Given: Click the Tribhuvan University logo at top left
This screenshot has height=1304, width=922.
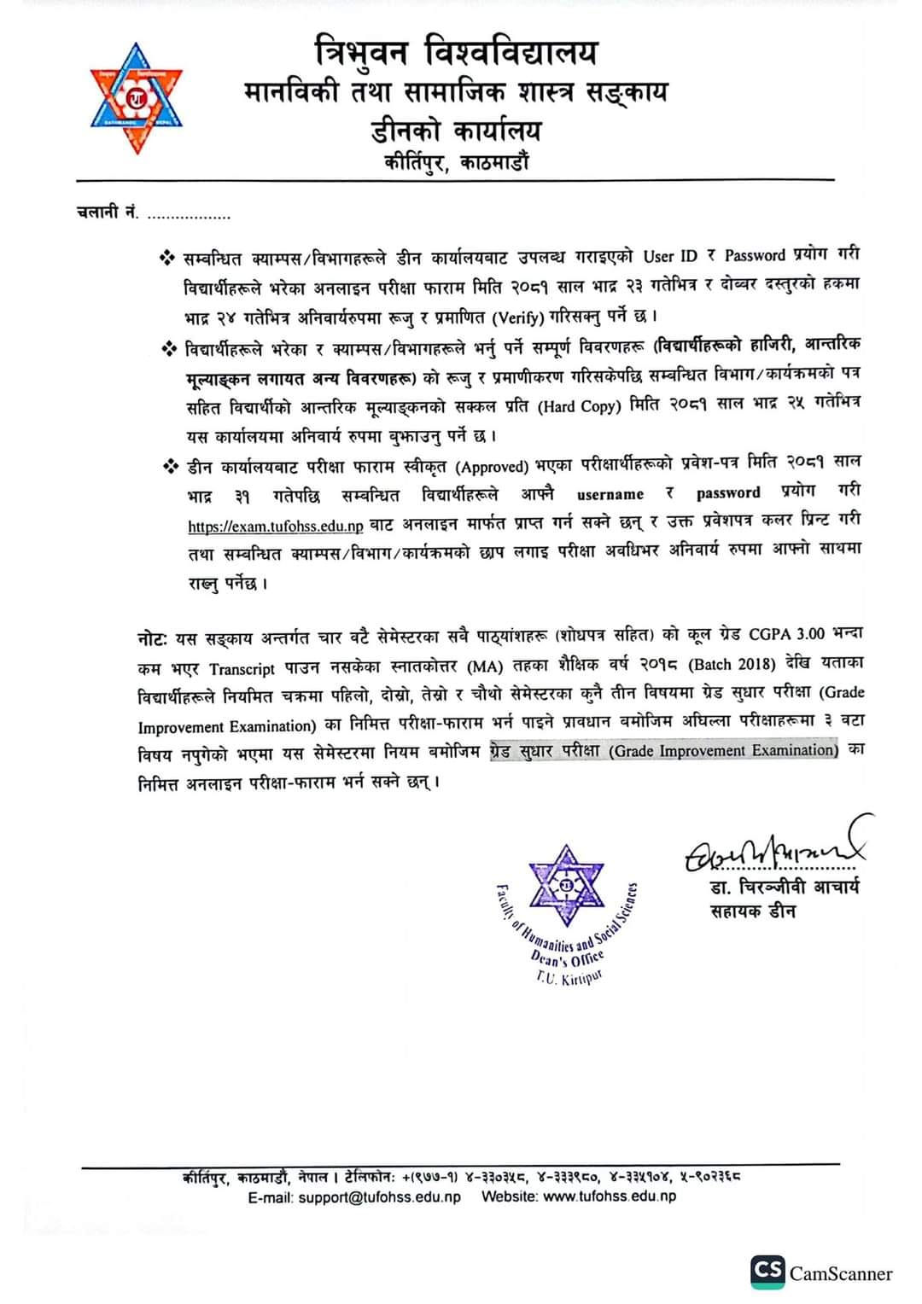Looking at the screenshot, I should click(x=137, y=98).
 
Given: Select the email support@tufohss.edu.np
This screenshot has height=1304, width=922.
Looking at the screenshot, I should click(x=379, y=1196).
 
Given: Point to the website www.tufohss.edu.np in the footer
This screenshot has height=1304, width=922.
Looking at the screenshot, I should click(x=609, y=1196).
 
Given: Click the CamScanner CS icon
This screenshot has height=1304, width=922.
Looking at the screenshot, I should click(x=767, y=1271).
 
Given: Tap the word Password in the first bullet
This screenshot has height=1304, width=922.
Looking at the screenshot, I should click(x=755, y=255).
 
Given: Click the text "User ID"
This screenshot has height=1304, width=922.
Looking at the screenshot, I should click(x=670, y=255).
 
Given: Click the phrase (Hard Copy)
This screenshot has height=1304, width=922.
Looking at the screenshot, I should click(x=579, y=406).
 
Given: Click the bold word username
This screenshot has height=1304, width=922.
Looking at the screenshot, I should click(x=610, y=495).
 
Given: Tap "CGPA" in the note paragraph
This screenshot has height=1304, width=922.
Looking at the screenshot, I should click(x=771, y=634).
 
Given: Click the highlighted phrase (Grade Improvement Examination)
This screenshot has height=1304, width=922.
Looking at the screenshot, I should click(x=724, y=751).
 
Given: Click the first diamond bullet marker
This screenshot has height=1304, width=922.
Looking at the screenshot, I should click(x=166, y=257).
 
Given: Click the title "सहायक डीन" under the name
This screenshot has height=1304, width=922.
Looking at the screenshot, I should click(x=752, y=912).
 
